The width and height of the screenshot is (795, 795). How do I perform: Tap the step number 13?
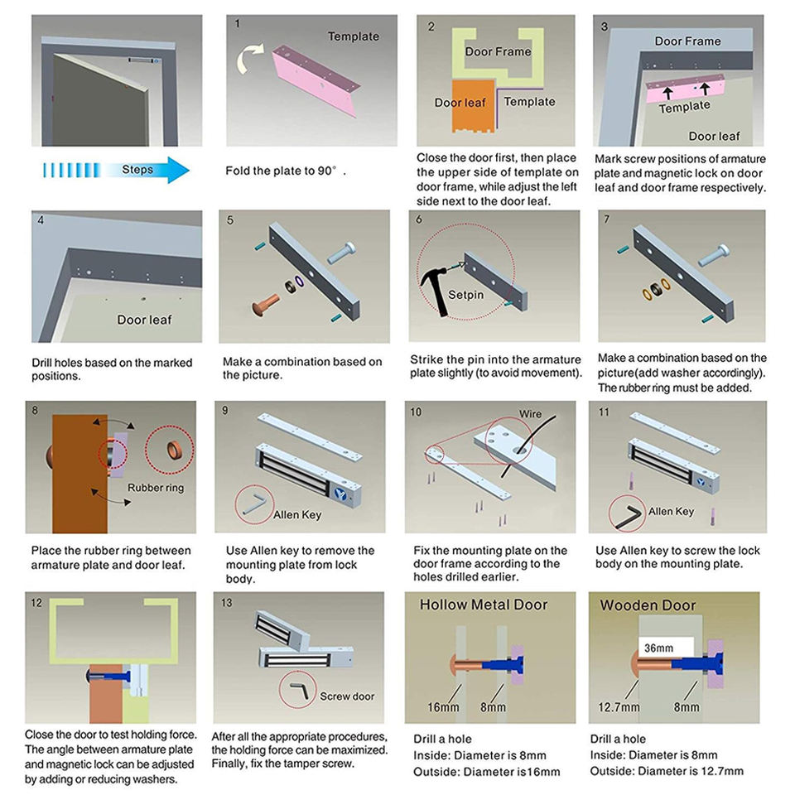(227, 603)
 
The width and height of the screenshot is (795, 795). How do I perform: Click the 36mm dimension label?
(658, 648)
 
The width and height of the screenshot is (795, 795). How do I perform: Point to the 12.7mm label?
(619, 707)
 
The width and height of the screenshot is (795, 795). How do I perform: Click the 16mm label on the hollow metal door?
(444, 707)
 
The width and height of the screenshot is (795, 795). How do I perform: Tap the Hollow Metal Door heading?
(484, 605)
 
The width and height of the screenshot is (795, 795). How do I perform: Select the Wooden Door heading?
(648, 605)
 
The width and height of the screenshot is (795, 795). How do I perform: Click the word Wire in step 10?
(530, 413)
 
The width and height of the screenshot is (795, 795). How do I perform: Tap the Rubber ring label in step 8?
(156, 488)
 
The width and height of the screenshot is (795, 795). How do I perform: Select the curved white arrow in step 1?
(248, 61)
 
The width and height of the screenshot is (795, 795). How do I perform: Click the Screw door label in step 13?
(347, 696)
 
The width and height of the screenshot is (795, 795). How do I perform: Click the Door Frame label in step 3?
(687, 41)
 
